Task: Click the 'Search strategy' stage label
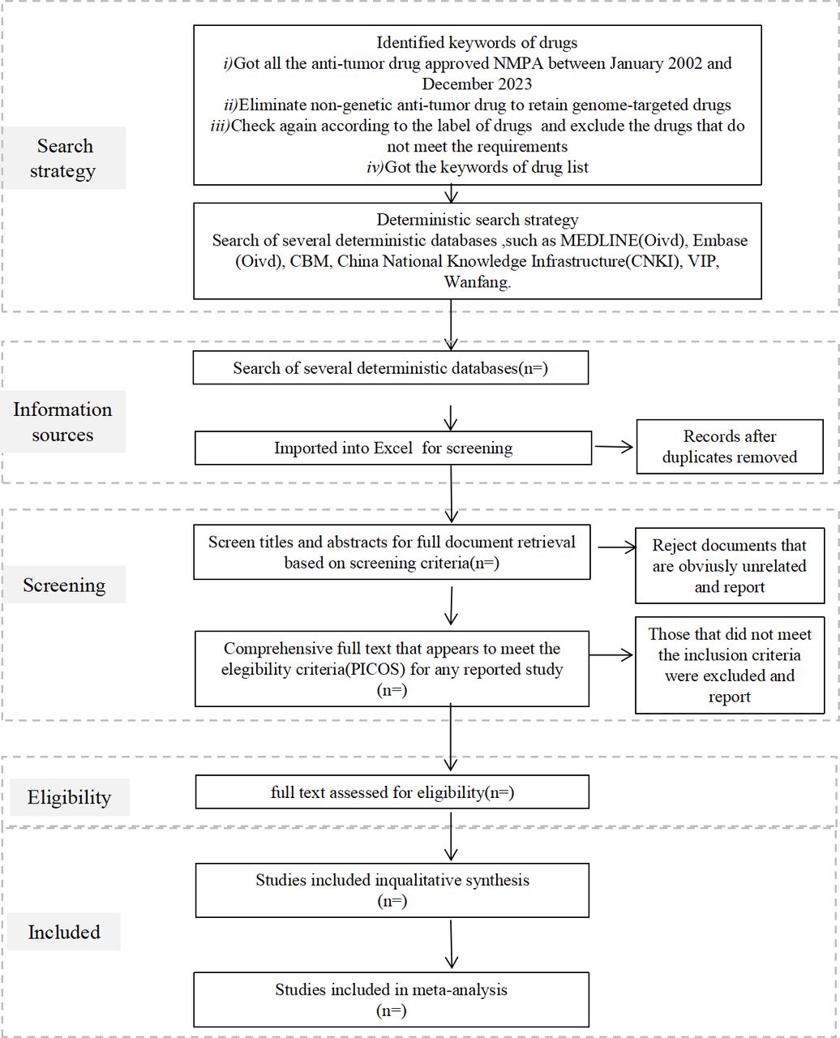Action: pyautogui.click(x=63, y=158)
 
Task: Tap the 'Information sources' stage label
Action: pyautogui.click(x=63, y=422)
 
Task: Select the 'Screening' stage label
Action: pyautogui.click(x=64, y=585)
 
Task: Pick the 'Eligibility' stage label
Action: pyautogui.click(x=69, y=797)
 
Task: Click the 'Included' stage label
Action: pyautogui.click(x=64, y=932)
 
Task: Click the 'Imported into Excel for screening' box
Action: pyautogui.click(x=393, y=448)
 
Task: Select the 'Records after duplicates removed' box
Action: pyautogui.click(x=730, y=446)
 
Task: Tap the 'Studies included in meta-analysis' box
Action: pyautogui.click(x=392, y=1000)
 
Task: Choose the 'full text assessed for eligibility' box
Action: pyautogui.click(x=392, y=792)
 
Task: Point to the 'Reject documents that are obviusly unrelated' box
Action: pyautogui.click(x=730, y=566)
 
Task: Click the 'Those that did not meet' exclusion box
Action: pyautogui.click(x=730, y=665)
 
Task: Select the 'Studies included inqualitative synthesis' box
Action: pyautogui.click(x=392, y=890)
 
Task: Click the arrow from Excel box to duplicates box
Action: pyautogui.click(x=614, y=446)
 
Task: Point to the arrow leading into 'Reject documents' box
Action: pyautogui.click(x=617, y=547)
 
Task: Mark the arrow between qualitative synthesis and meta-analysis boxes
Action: pyautogui.click(x=451, y=945)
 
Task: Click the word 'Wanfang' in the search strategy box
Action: pyautogui.click(x=476, y=282)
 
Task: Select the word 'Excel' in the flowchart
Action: pyautogui.click(x=393, y=448)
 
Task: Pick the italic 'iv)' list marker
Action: pyautogui.click(x=375, y=167)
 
